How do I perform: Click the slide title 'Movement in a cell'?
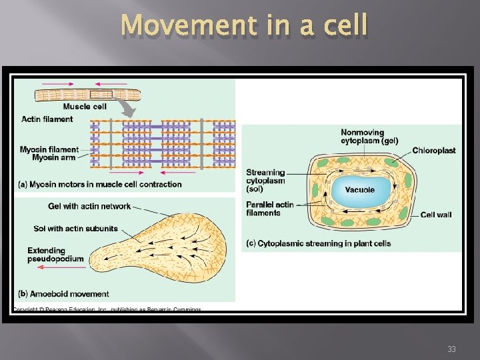[x=245, y=26]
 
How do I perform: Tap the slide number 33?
[x=452, y=349]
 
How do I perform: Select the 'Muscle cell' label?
[x=85, y=107]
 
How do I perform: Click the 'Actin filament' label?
[x=47, y=119]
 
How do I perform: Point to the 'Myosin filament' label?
[x=49, y=149]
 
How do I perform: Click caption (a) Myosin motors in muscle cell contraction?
[x=100, y=184]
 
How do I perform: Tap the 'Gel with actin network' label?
[x=89, y=206]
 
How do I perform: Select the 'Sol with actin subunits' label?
[x=75, y=229]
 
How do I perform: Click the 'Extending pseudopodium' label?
[x=55, y=255]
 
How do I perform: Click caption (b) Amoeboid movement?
[x=63, y=294]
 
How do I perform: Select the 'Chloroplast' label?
[x=433, y=151]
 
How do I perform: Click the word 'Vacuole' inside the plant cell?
[x=359, y=189]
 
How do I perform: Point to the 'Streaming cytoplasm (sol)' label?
[x=265, y=181]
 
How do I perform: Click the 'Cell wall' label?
[x=436, y=215]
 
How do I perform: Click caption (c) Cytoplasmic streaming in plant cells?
[x=319, y=243]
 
